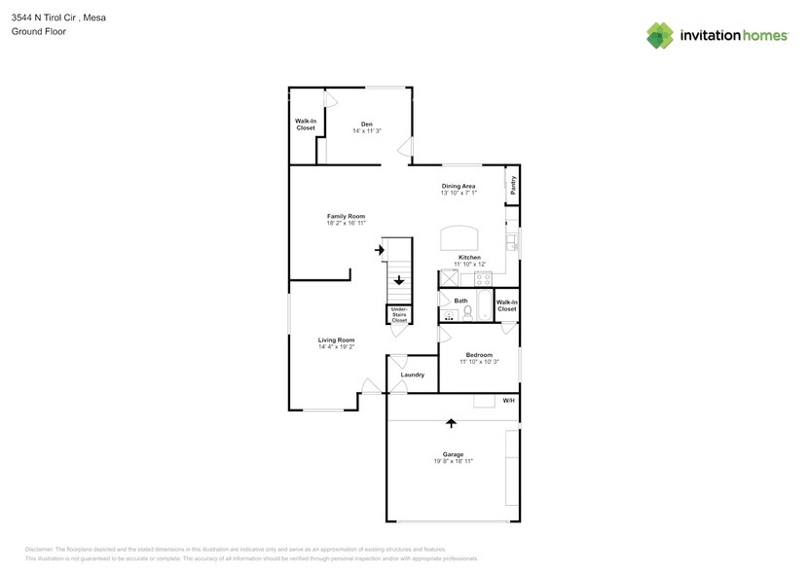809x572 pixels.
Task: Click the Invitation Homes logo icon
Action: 660,36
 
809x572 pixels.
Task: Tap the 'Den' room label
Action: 367,124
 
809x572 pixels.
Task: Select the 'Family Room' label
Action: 346,216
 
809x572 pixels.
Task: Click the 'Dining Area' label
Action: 459,186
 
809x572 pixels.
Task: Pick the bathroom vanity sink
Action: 449,315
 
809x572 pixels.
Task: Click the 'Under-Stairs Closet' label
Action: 399,314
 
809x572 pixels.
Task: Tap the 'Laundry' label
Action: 412,375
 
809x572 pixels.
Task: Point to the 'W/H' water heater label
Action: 508,401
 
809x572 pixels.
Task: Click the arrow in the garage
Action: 451,422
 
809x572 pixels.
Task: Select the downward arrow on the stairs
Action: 399,281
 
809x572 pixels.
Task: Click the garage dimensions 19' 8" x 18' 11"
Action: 453,461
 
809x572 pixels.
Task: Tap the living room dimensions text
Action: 336,346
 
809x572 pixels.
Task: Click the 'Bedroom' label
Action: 478,355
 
